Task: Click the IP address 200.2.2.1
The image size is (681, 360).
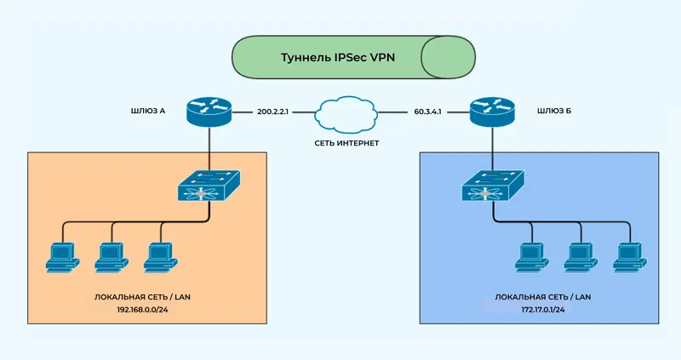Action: tap(274, 111)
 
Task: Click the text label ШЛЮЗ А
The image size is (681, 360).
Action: tap(146, 111)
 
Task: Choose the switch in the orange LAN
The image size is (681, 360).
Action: tap(209, 185)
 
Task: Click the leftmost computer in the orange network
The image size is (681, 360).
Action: tap(60, 257)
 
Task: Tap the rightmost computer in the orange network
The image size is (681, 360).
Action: tap(158, 257)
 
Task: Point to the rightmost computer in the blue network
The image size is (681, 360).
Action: tap(629, 257)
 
